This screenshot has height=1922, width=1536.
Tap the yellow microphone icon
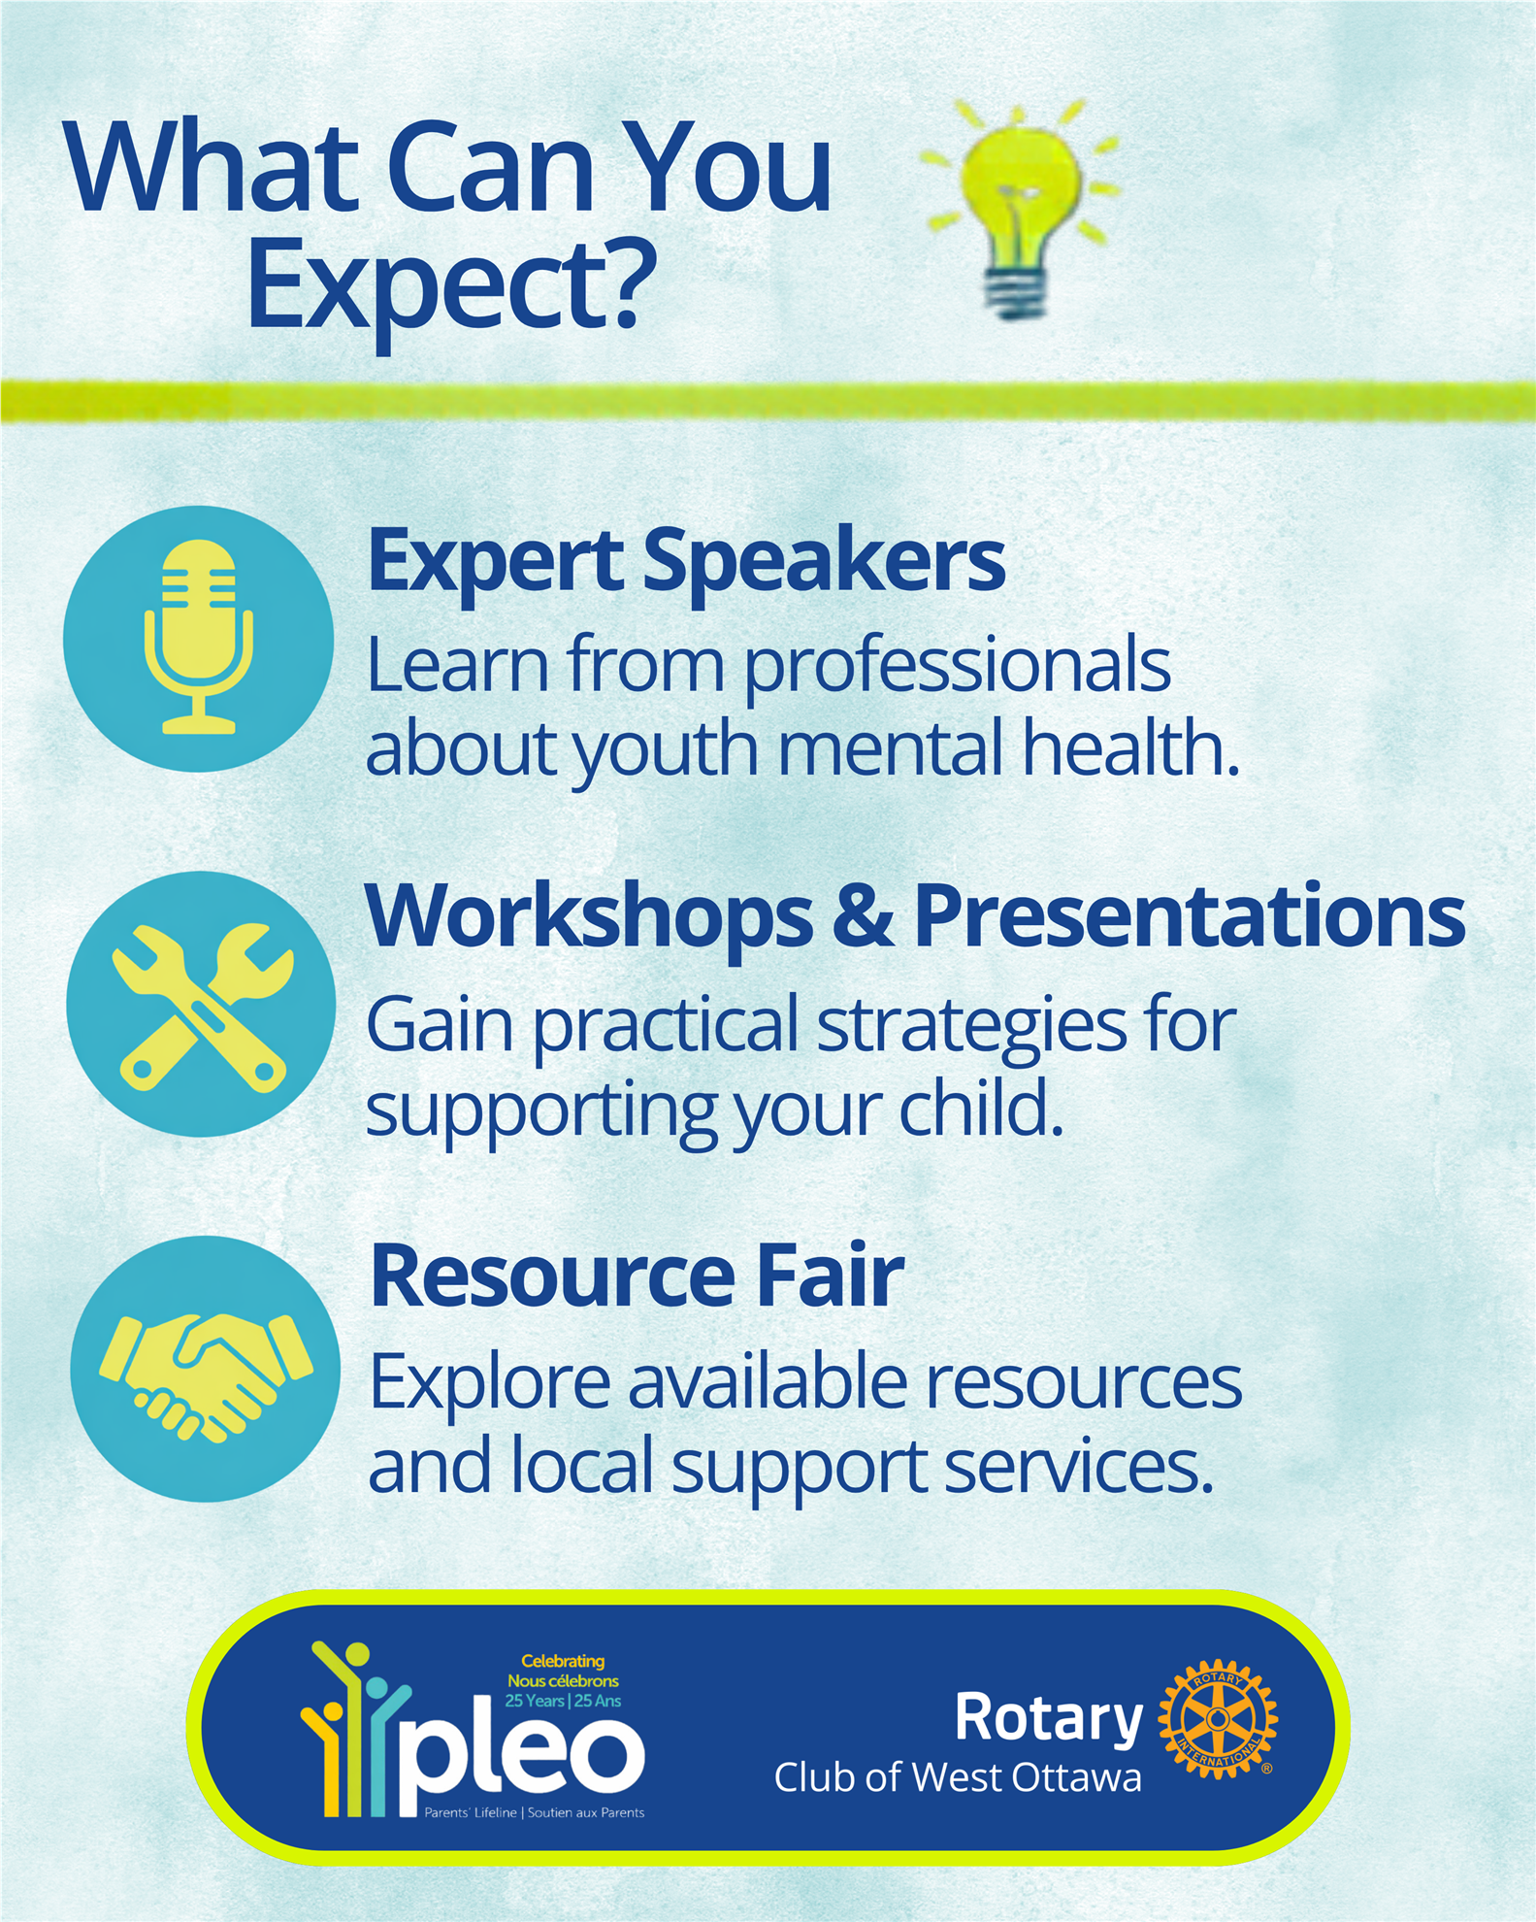(199, 636)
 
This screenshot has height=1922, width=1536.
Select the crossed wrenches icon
(202, 1005)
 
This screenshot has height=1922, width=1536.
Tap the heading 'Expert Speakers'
(686, 560)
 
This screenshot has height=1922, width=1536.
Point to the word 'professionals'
(958, 669)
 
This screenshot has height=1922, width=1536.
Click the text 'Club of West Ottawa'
(958, 1778)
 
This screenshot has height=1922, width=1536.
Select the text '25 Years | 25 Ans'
(563, 1701)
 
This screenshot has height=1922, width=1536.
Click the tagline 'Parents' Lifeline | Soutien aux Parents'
(535, 1812)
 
